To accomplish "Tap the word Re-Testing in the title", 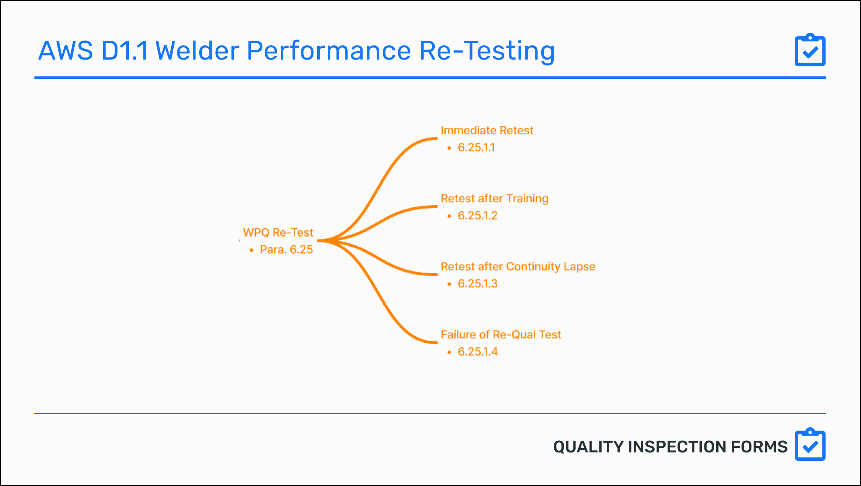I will point(487,51).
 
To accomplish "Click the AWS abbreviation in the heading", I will point(65,51).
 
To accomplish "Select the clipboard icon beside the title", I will point(810,50).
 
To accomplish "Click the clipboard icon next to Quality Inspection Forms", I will point(810,445).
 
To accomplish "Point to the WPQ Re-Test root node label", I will point(278,233).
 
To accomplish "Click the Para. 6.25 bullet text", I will point(286,250).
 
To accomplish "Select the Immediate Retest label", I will point(487,131).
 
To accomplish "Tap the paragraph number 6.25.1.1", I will point(476,148).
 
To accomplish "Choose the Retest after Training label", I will point(494,199).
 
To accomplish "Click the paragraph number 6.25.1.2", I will point(477,216).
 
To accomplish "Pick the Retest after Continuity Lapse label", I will point(518,267).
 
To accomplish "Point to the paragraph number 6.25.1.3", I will point(477,284).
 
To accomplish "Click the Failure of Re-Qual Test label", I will point(501,334).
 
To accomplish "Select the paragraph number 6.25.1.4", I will point(477,352).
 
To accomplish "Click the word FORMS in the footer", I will point(759,447).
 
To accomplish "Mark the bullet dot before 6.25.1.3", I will point(449,284).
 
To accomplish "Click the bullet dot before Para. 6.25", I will point(251,250).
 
